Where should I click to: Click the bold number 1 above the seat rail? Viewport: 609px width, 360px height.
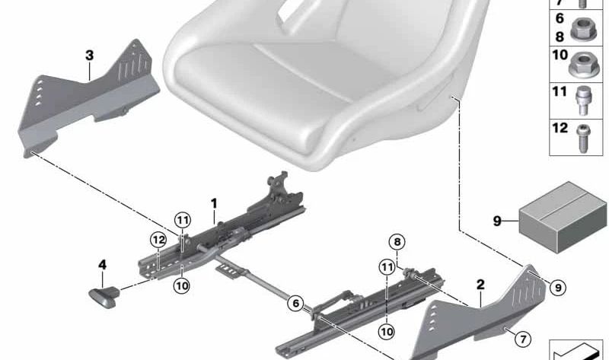coord(214,203)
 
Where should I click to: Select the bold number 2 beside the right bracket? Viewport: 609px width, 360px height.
coord(480,284)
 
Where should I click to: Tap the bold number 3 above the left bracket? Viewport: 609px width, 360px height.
coord(89,56)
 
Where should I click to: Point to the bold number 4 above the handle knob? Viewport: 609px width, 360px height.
coord(101,266)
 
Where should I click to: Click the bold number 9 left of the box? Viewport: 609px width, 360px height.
coord(497,221)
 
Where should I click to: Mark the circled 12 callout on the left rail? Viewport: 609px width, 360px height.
coord(157,240)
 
